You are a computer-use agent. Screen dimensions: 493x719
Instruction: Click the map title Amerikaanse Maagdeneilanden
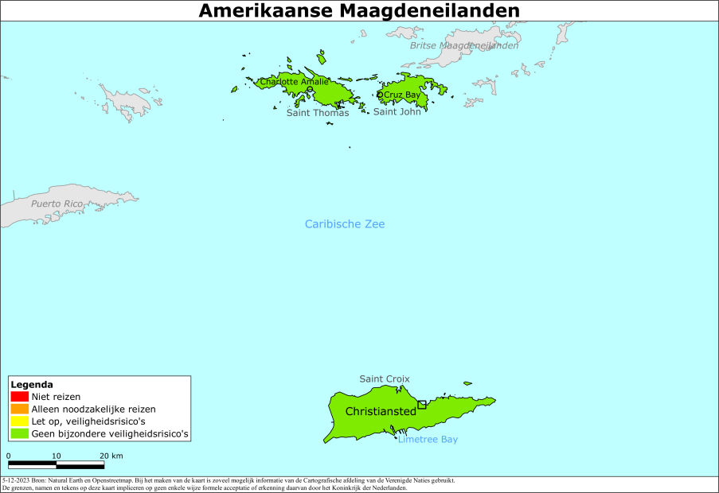click(x=359, y=10)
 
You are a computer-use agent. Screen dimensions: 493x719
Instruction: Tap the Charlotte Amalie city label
click(x=294, y=81)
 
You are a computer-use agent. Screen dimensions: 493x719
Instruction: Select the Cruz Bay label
click(x=402, y=95)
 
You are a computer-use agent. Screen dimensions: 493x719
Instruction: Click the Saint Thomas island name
click(x=318, y=113)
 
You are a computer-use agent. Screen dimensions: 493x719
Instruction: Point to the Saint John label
click(x=397, y=112)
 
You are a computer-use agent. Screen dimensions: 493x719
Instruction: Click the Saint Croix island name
click(x=385, y=379)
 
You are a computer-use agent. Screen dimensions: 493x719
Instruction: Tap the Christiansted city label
click(x=381, y=411)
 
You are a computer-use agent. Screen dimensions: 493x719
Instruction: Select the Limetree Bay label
click(x=428, y=439)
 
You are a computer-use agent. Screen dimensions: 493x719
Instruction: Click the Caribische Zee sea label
click(x=345, y=224)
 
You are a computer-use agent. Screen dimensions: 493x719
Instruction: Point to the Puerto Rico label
click(x=57, y=204)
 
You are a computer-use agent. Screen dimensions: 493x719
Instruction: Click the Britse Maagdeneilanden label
click(x=464, y=45)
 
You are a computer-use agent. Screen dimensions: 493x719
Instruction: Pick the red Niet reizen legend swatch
click(x=20, y=397)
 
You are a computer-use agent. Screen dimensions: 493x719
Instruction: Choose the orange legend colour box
click(x=20, y=409)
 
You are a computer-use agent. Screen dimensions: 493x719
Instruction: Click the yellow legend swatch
click(x=20, y=421)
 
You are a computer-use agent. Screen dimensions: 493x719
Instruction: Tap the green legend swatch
click(x=20, y=433)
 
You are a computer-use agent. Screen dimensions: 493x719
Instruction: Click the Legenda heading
click(x=32, y=385)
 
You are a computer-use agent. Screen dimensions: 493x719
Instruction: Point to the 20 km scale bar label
click(x=111, y=456)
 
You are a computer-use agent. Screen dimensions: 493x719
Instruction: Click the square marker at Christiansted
click(x=422, y=405)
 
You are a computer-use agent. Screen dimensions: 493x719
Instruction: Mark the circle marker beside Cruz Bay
click(x=380, y=95)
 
